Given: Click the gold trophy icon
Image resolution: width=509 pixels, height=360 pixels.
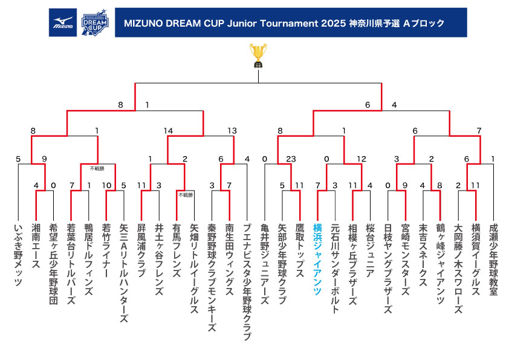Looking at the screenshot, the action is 258,56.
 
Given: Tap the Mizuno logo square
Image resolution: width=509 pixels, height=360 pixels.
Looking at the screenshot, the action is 63,22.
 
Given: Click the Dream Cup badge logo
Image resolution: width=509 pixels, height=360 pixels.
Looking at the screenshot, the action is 95,22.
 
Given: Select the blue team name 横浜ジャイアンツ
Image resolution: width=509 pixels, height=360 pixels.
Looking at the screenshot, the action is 317,259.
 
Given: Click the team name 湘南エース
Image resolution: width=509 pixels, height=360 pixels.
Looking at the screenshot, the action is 36,246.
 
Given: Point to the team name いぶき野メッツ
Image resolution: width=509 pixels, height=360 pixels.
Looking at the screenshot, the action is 19,255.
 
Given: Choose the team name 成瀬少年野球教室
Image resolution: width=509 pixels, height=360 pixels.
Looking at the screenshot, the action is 493,260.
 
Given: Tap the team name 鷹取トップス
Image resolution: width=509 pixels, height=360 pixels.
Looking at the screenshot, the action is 300,250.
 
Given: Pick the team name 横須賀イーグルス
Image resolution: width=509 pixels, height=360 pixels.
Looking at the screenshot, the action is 476,260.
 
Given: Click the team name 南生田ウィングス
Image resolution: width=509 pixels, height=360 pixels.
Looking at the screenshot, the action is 230,260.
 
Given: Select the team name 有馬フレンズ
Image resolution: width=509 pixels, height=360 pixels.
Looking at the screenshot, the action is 177,250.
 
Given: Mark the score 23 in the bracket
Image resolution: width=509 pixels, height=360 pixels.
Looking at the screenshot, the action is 291,159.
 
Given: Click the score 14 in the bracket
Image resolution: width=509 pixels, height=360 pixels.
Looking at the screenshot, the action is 168,131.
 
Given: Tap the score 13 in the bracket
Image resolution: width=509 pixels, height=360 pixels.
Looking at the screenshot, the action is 232,131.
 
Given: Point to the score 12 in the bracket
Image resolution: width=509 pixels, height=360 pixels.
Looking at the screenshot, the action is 361,159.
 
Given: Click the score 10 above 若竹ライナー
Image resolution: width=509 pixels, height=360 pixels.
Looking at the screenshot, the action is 107,186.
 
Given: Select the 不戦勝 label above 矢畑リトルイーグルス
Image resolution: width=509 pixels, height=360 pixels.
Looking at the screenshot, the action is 186,195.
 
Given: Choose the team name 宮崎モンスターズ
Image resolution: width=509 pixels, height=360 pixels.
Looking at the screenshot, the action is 405,260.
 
